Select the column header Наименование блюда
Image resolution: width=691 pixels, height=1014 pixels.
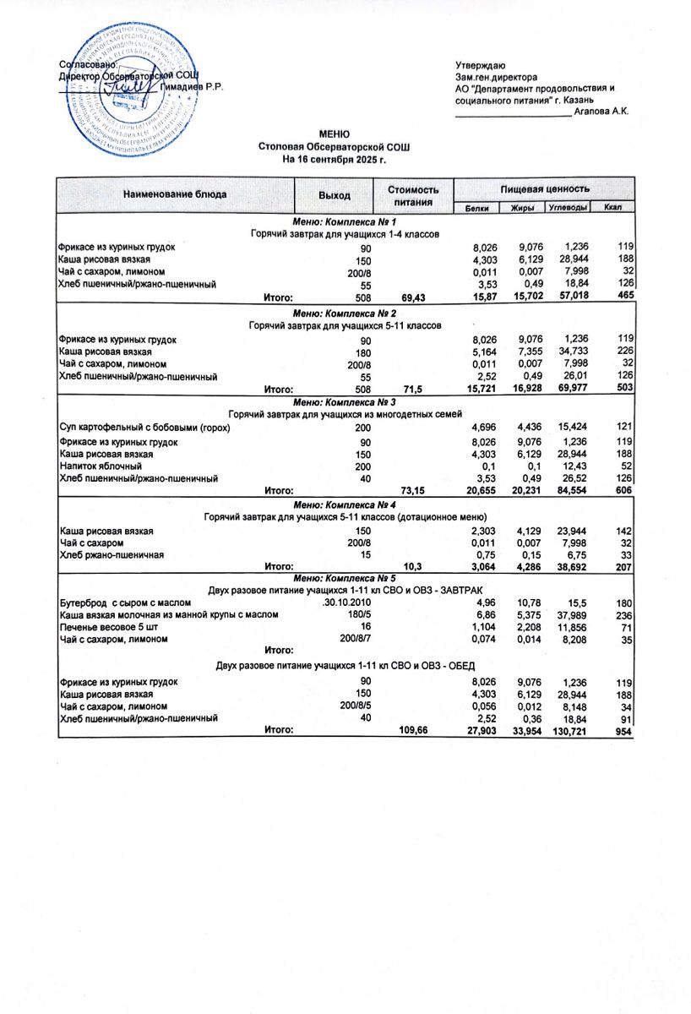coord(175,194)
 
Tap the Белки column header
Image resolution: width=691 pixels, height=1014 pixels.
coord(476,208)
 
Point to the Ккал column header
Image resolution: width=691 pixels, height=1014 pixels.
coord(613,208)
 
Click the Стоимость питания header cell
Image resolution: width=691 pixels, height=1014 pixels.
coord(413,196)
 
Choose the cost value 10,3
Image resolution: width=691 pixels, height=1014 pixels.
coord(413,568)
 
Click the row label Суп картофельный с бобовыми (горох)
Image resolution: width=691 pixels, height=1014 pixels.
coord(144,428)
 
